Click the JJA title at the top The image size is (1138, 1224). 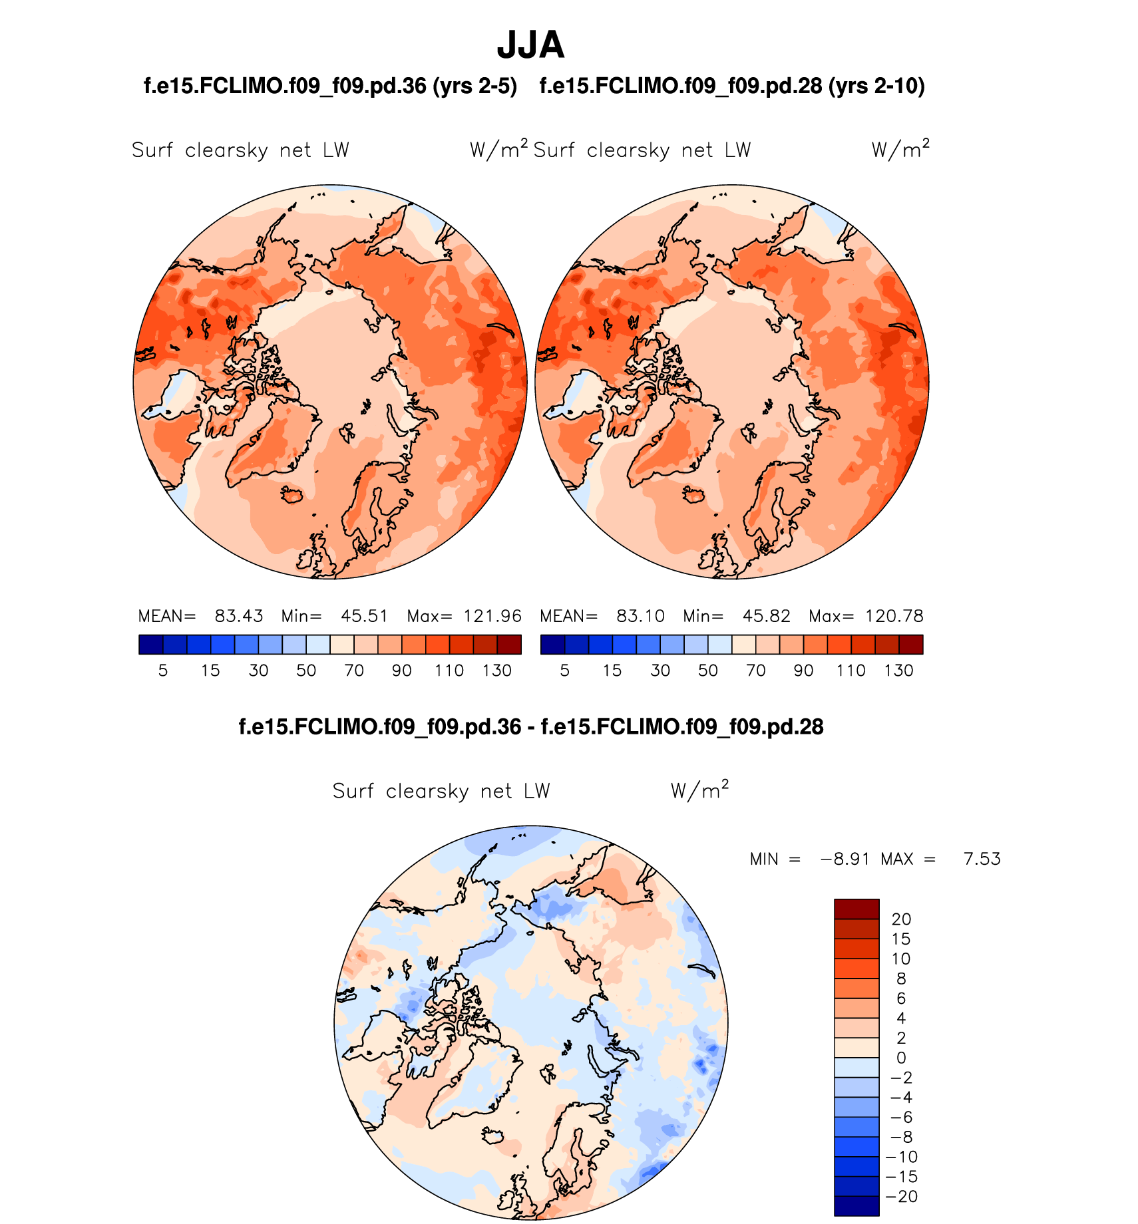click(530, 45)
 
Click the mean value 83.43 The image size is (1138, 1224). click(238, 616)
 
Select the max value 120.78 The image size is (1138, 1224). click(894, 616)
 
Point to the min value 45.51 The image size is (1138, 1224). click(364, 616)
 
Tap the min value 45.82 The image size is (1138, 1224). click(766, 616)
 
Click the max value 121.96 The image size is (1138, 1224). click(492, 616)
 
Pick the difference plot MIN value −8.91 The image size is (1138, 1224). click(845, 859)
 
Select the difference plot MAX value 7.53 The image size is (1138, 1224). click(982, 859)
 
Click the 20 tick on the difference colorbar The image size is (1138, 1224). click(901, 919)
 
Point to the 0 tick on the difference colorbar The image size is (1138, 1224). click(901, 1058)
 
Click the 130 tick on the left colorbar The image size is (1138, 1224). click(497, 671)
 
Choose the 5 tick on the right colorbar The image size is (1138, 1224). click(564, 671)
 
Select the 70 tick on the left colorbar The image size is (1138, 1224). click(354, 671)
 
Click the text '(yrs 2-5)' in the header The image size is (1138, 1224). click(474, 86)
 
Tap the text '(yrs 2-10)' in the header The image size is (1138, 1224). click(876, 86)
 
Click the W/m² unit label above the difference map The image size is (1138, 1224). click(699, 790)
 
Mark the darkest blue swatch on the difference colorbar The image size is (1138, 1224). click(856, 1206)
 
